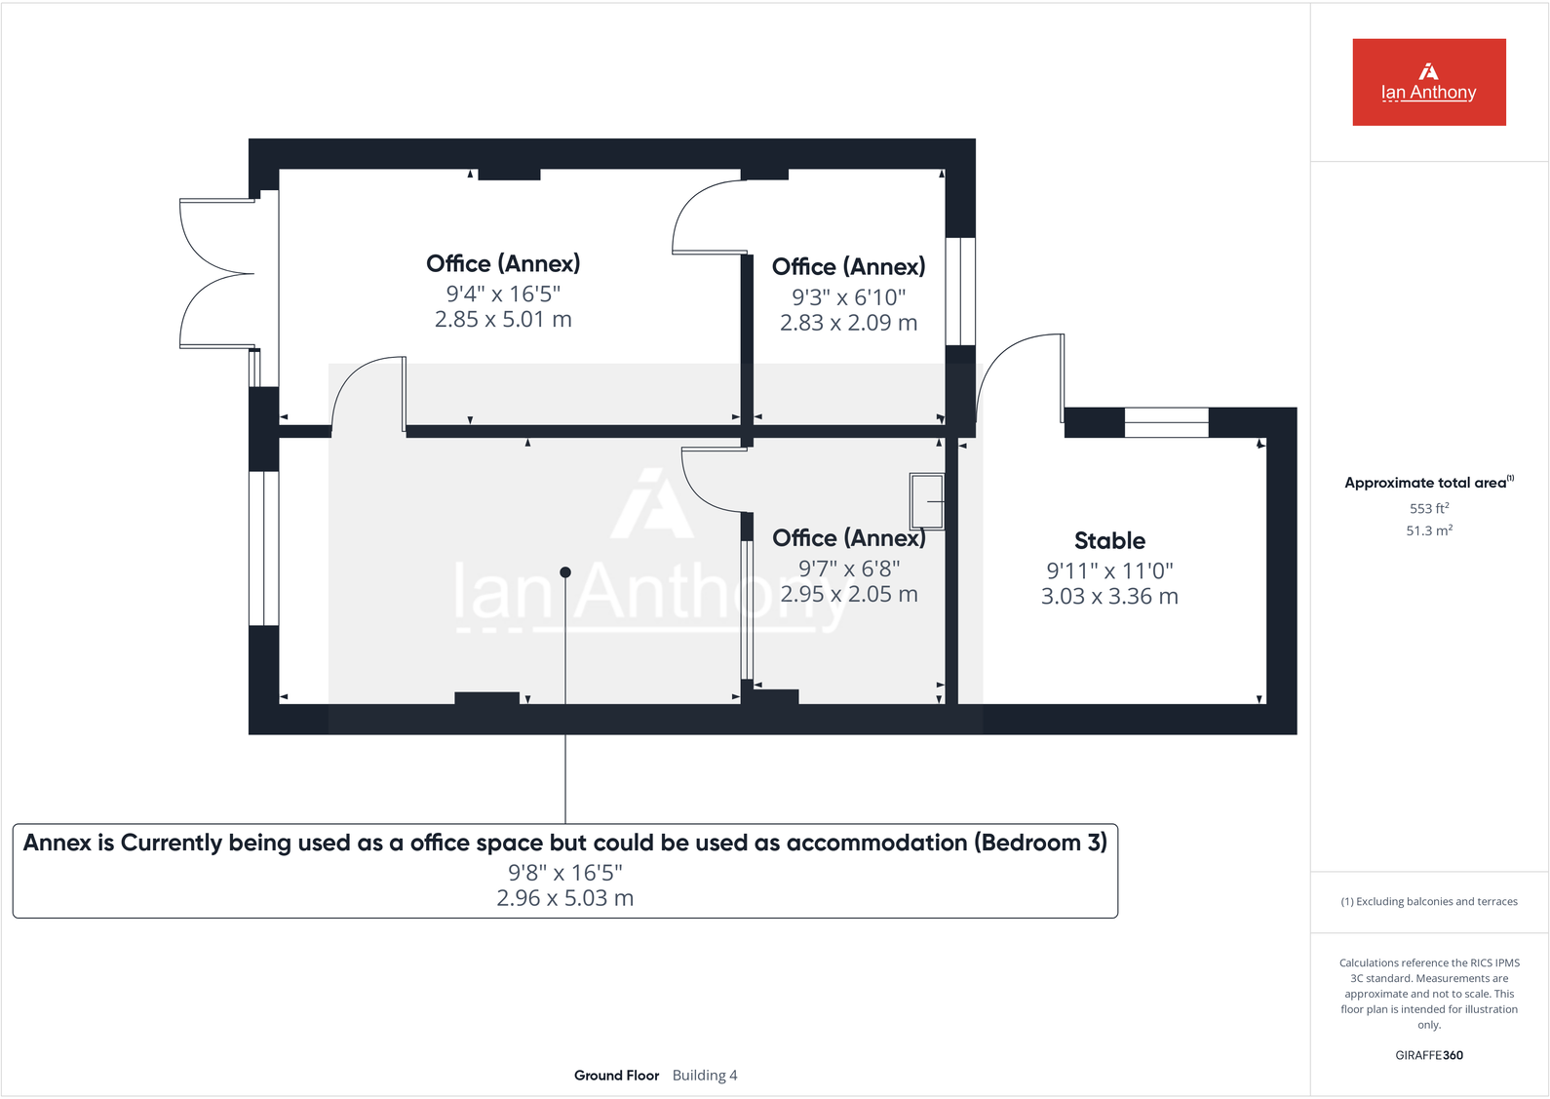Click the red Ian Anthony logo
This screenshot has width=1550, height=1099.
(1428, 82)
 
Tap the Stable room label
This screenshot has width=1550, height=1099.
(1109, 541)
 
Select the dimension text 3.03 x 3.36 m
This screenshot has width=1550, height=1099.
(1109, 597)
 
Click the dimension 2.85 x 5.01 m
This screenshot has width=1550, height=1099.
(503, 320)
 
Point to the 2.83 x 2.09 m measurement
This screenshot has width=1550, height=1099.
(848, 323)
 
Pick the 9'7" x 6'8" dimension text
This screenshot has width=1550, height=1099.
(848, 569)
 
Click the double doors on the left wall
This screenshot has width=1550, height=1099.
(217, 273)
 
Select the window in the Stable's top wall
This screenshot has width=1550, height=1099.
(1166, 422)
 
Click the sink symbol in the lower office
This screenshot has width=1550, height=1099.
(927, 501)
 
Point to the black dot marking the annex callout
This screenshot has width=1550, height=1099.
(565, 572)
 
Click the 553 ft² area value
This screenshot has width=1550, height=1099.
(1428, 508)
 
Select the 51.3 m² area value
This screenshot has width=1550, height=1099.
(1428, 530)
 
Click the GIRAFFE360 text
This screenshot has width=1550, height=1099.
(1428, 1055)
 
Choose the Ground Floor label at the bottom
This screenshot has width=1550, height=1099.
(616, 1076)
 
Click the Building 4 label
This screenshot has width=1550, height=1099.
(705, 1076)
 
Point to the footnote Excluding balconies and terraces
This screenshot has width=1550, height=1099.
(1428, 902)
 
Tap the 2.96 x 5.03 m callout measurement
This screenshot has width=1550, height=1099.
(565, 898)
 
